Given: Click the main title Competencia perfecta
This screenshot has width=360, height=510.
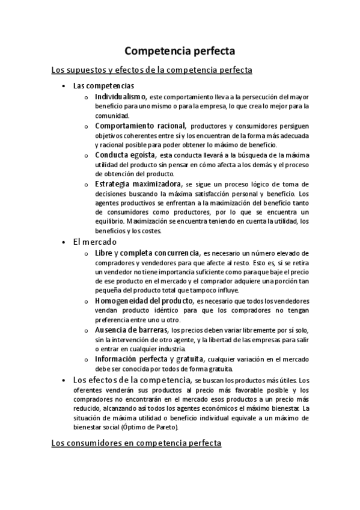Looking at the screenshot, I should click(x=180, y=51).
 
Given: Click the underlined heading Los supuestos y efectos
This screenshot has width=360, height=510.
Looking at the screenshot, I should click(x=151, y=71).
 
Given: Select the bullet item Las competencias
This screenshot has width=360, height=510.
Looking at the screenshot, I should click(x=103, y=85).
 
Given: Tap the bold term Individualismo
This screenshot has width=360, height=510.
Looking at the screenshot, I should click(x=121, y=96).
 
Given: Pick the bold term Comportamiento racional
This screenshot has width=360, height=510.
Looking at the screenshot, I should click(x=139, y=126).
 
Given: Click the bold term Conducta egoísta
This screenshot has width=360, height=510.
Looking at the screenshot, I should click(x=123, y=155).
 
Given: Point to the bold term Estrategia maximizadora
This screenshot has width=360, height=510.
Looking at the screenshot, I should click(x=138, y=183).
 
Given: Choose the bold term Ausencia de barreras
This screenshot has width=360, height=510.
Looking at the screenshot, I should click(x=132, y=330).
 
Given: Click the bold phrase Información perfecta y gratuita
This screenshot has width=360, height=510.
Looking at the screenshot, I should click(x=149, y=359).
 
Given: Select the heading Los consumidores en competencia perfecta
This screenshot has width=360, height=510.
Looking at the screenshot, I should click(x=136, y=444).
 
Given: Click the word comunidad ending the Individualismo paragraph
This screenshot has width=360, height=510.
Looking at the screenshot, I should click(x=112, y=116).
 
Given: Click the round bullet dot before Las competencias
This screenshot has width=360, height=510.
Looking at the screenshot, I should click(x=64, y=86).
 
